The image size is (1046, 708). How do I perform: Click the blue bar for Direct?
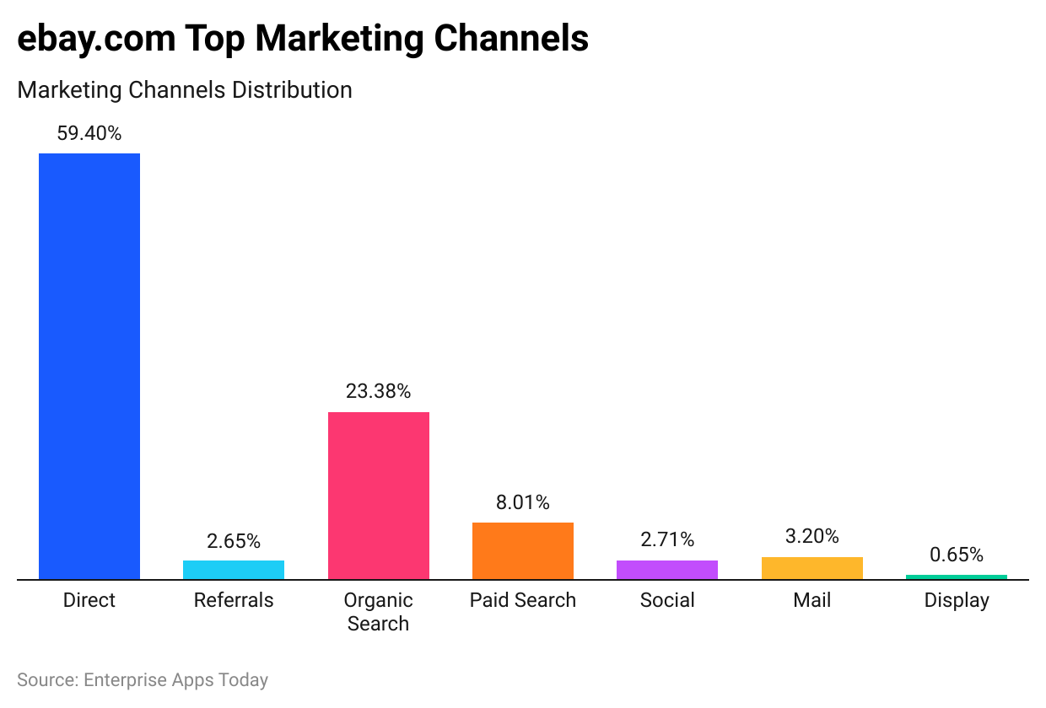(89, 367)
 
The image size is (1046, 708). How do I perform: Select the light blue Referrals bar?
(234, 570)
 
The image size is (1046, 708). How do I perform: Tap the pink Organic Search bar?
(378, 496)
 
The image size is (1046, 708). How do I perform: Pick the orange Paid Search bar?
(523, 550)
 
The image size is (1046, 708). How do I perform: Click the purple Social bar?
(667, 570)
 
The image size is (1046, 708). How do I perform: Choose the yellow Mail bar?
(812, 568)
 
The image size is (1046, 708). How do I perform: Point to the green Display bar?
(957, 577)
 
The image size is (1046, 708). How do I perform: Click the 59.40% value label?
(89, 133)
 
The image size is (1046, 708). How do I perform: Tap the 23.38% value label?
(378, 391)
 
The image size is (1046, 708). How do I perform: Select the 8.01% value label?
(523, 502)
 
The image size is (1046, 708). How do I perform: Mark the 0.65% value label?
(957, 555)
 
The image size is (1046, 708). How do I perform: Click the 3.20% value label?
(812, 536)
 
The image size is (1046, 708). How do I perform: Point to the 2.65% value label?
(234, 540)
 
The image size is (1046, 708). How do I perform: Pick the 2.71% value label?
(667, 539)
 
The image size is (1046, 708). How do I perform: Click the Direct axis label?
(89, 600)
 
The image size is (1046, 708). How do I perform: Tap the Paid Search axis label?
(523, 600)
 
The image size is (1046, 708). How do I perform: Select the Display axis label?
(957, 600)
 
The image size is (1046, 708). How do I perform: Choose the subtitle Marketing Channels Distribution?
(185, 89)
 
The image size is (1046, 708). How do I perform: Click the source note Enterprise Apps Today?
(175, 679)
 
